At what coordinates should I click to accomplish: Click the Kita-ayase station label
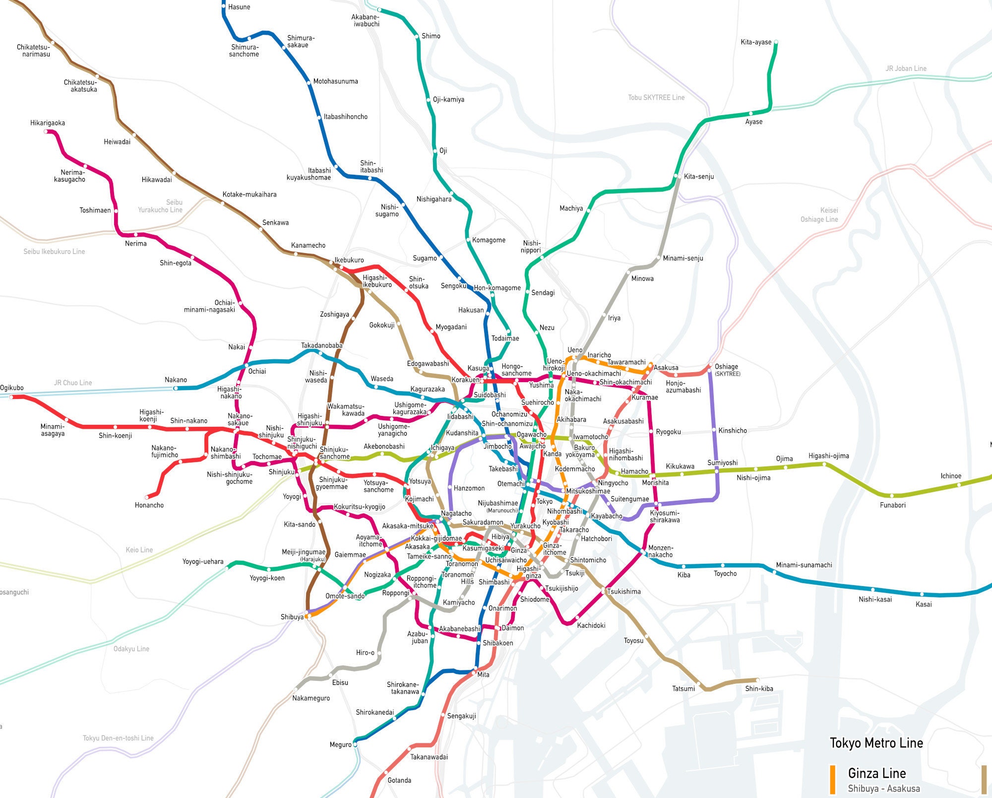click(x=755, y=42)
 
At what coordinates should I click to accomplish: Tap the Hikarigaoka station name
click(x=48, y=123)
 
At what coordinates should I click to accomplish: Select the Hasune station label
click(x=239, y=7)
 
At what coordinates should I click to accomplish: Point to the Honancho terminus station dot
click(x=147, y=497)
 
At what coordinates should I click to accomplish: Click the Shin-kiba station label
click(x=759, y=688)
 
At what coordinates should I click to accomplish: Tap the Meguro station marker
click(x=355, y=744)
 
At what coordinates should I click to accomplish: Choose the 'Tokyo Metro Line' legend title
click(x=876, y=743)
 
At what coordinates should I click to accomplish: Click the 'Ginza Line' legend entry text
click(x=876, y=773)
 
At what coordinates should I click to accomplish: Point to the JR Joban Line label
click(x=906, y=68)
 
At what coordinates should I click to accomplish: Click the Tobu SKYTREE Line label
click(x=656, y=98)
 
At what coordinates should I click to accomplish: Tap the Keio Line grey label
click(x=139, y=550)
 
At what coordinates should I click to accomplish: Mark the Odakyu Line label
click(x=131, y=649)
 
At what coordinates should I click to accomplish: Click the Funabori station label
click(x=892, y=505)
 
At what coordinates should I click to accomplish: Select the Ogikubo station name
click(x=12, y=388)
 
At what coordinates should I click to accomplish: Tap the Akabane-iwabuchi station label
click(x=366, y=20)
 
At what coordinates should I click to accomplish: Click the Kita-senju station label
click(x=698, y=177)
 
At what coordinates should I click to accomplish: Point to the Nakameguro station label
click(x=311, y=698)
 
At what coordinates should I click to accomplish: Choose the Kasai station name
click(x=924, y=604)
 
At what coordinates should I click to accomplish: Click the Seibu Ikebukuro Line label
click(x=54, y=252)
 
